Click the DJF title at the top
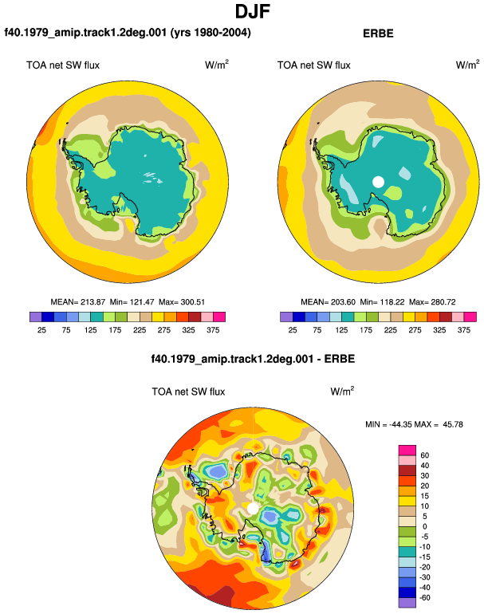253,11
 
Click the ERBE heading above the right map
378,33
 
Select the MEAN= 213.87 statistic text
78,302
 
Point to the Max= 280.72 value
432,302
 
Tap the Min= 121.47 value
132,302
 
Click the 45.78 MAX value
453,424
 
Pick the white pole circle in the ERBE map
378,182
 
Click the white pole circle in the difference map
253,509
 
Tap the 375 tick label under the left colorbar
213,330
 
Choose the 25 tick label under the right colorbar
293,330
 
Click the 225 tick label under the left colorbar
140,330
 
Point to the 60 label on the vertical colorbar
425,455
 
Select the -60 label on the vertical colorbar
424,598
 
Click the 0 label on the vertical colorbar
425,526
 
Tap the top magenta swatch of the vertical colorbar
407,450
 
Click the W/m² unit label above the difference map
342,391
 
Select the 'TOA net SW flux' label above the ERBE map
313,65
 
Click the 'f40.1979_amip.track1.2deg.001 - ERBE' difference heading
253,359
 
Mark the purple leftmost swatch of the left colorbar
35,317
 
